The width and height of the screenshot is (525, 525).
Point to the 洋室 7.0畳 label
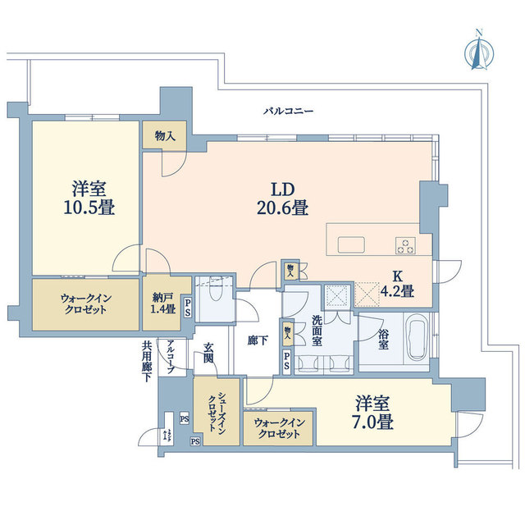[x=374, y=413]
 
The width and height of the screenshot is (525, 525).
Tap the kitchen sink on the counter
[x=350, y=244]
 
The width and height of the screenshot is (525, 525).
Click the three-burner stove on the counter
[x=406, y=244]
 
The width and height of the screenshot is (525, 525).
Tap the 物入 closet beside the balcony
[x=164, y=135]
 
